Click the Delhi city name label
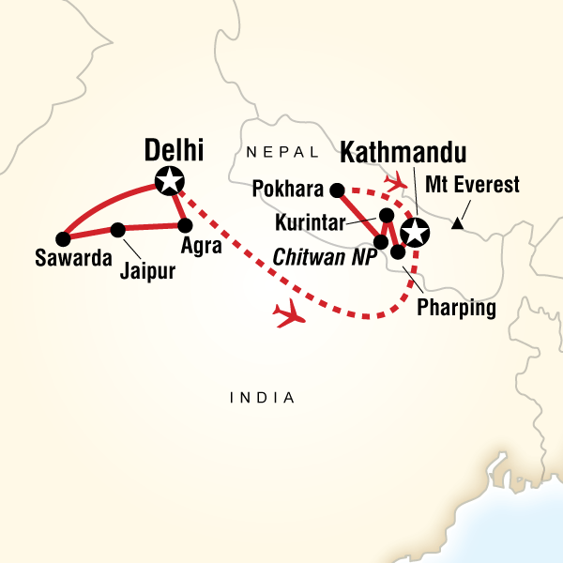[x=175, y=149]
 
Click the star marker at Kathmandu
[x=413, y=231]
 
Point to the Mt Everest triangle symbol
[x=456, y=223]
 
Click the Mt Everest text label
[x=471, y=185]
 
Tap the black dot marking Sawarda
[x=63, y=237]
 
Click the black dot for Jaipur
[x=118, y=229]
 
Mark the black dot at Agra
[x=185, y=225]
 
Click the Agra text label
[x=205, y=246]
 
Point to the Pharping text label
[x=457, y=306]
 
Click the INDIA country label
[x=263, y=399]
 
